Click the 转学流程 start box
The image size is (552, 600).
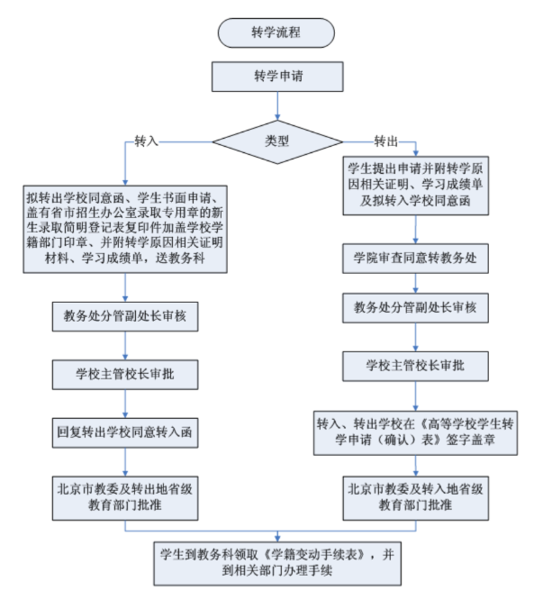(276, 32)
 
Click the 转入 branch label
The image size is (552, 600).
(146, 141)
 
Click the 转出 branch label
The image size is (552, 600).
(386, 141)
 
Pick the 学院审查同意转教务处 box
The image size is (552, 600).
(414, 258)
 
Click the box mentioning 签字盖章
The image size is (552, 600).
(414, 430)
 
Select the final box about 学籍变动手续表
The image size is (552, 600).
(276, 561)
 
